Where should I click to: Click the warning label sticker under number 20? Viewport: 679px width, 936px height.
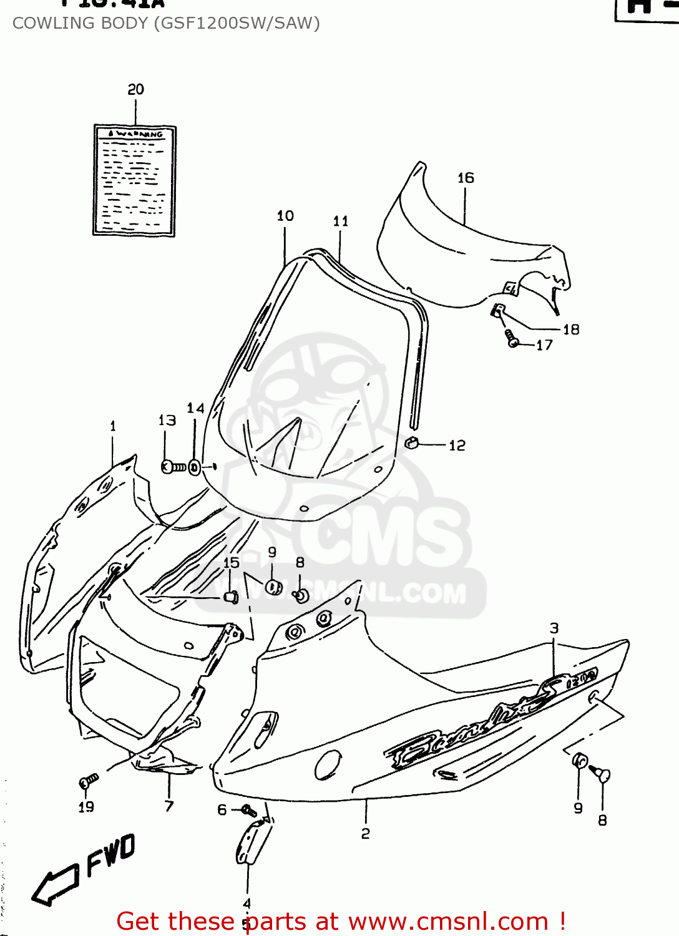134,180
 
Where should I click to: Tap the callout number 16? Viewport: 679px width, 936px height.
466,178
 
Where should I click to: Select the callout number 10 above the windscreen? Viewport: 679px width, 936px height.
285,216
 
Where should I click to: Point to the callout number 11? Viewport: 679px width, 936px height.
341,221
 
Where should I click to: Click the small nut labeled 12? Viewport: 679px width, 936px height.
412,443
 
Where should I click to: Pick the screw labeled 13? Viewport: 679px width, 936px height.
173,467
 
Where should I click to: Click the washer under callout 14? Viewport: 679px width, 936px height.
195,467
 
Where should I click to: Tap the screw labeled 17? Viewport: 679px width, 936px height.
512,339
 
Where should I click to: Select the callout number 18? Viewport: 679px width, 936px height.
571,329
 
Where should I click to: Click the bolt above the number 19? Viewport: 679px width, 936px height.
88,781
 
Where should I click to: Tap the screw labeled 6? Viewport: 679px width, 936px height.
249,811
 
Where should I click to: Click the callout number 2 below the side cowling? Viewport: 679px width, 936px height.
366,834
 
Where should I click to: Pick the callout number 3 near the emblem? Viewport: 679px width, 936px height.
554,628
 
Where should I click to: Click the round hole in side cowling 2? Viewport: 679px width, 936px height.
328,764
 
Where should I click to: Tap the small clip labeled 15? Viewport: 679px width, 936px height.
232,597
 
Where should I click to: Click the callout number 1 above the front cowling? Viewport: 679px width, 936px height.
113,426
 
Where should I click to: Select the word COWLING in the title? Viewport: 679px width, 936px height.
44,23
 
